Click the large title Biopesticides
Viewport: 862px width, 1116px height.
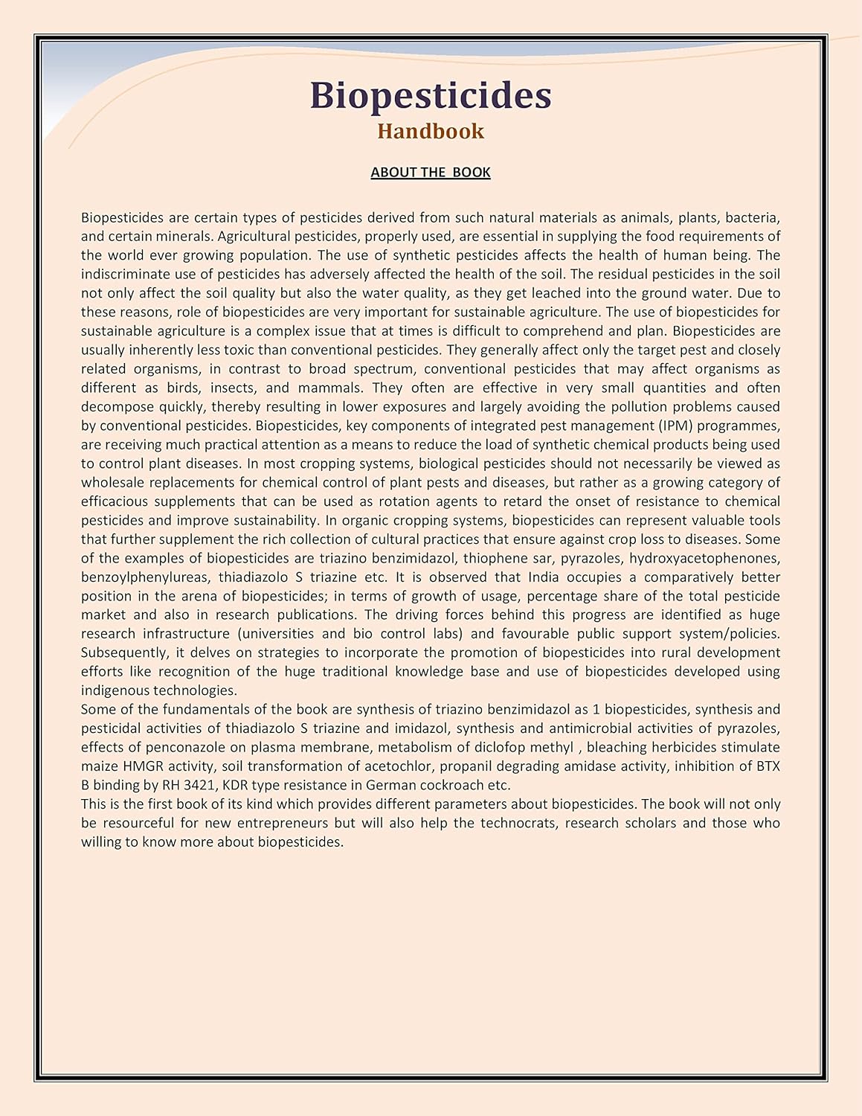(431, 95)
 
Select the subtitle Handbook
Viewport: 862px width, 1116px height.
(431, 131)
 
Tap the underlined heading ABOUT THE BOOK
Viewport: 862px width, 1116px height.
(431, 173)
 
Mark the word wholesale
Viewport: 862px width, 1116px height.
(114, 483)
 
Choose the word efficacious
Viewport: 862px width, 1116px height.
(118, 501)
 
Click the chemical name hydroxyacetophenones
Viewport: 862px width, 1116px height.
(704, 558)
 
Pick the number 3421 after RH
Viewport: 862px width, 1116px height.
(199, 785)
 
